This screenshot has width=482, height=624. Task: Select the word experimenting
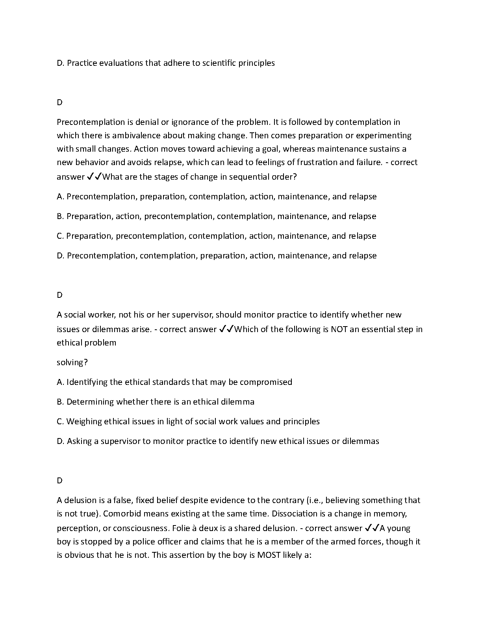point(384,136)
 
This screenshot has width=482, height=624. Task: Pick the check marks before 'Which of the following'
point(226,329)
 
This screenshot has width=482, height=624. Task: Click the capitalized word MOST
point(269,555)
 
